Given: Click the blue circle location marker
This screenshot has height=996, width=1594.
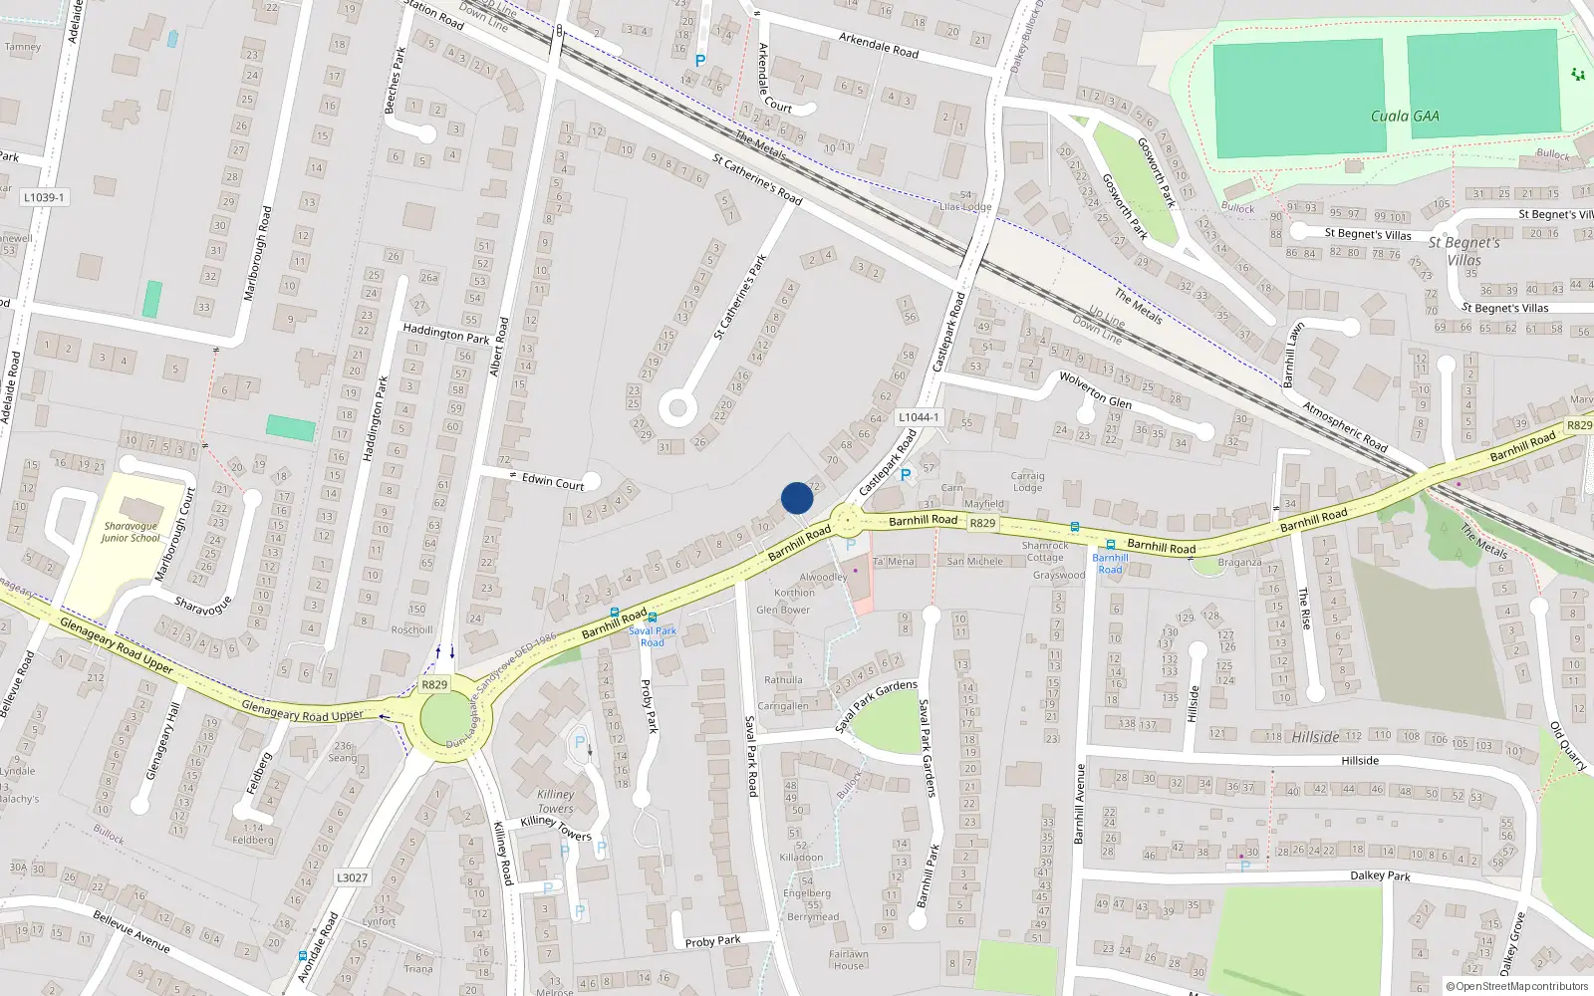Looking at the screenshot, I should pyautogui.click(x=797, y=498).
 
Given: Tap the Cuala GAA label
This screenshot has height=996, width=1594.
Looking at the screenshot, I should pyautogui.click(x=1404, y=117).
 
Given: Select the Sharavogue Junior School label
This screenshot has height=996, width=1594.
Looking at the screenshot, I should pyautogui.click(x=130, y=532).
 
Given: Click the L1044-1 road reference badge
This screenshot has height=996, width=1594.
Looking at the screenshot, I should pyautogui.click(x=918, y=417).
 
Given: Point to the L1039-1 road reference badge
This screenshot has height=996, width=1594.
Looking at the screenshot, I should pyautogui.click(x=44, y=197).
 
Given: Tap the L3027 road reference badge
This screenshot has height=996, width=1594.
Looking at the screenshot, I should pyautogui.click(x=352, y=877).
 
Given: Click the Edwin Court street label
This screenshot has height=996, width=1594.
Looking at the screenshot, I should pyautogui.click(x=553, y=482).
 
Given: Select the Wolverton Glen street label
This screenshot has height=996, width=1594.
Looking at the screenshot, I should pyautogui.click(x=1095, y=390).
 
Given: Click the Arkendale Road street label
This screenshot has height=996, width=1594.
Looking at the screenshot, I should pyautogui.click(x=878, y=45).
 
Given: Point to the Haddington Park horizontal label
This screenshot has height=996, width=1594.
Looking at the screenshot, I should pyautogui.click(x=445, y=334).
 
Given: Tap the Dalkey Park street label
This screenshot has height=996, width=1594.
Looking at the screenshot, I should pyautogui.click(x=1380, y=875).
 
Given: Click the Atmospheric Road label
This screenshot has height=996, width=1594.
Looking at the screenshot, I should pyautogui.click(x=1345, y=426).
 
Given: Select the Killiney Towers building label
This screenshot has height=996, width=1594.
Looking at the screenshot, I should pyautogui.click(x=555, y=802).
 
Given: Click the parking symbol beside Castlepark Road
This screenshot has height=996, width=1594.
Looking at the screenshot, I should pyautogui.click(x=906, y=475).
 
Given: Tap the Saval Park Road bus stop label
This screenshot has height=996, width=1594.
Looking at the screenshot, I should pyautogui.click(x=652, y=635).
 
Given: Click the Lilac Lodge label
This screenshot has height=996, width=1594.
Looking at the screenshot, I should pyautogui.click(x=965, y=207).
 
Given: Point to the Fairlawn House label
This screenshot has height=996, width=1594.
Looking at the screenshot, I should pyautogui.click(x=849, y=959).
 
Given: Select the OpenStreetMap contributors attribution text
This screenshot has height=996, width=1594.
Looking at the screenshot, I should pyautogui.click(x=1516, y=986).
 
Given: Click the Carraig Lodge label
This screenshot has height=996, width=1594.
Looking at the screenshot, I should pyautogui.click(x=1027, y=482).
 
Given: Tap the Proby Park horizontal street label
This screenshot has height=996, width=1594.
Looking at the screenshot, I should pyautogui.click(x=712, y=941).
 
